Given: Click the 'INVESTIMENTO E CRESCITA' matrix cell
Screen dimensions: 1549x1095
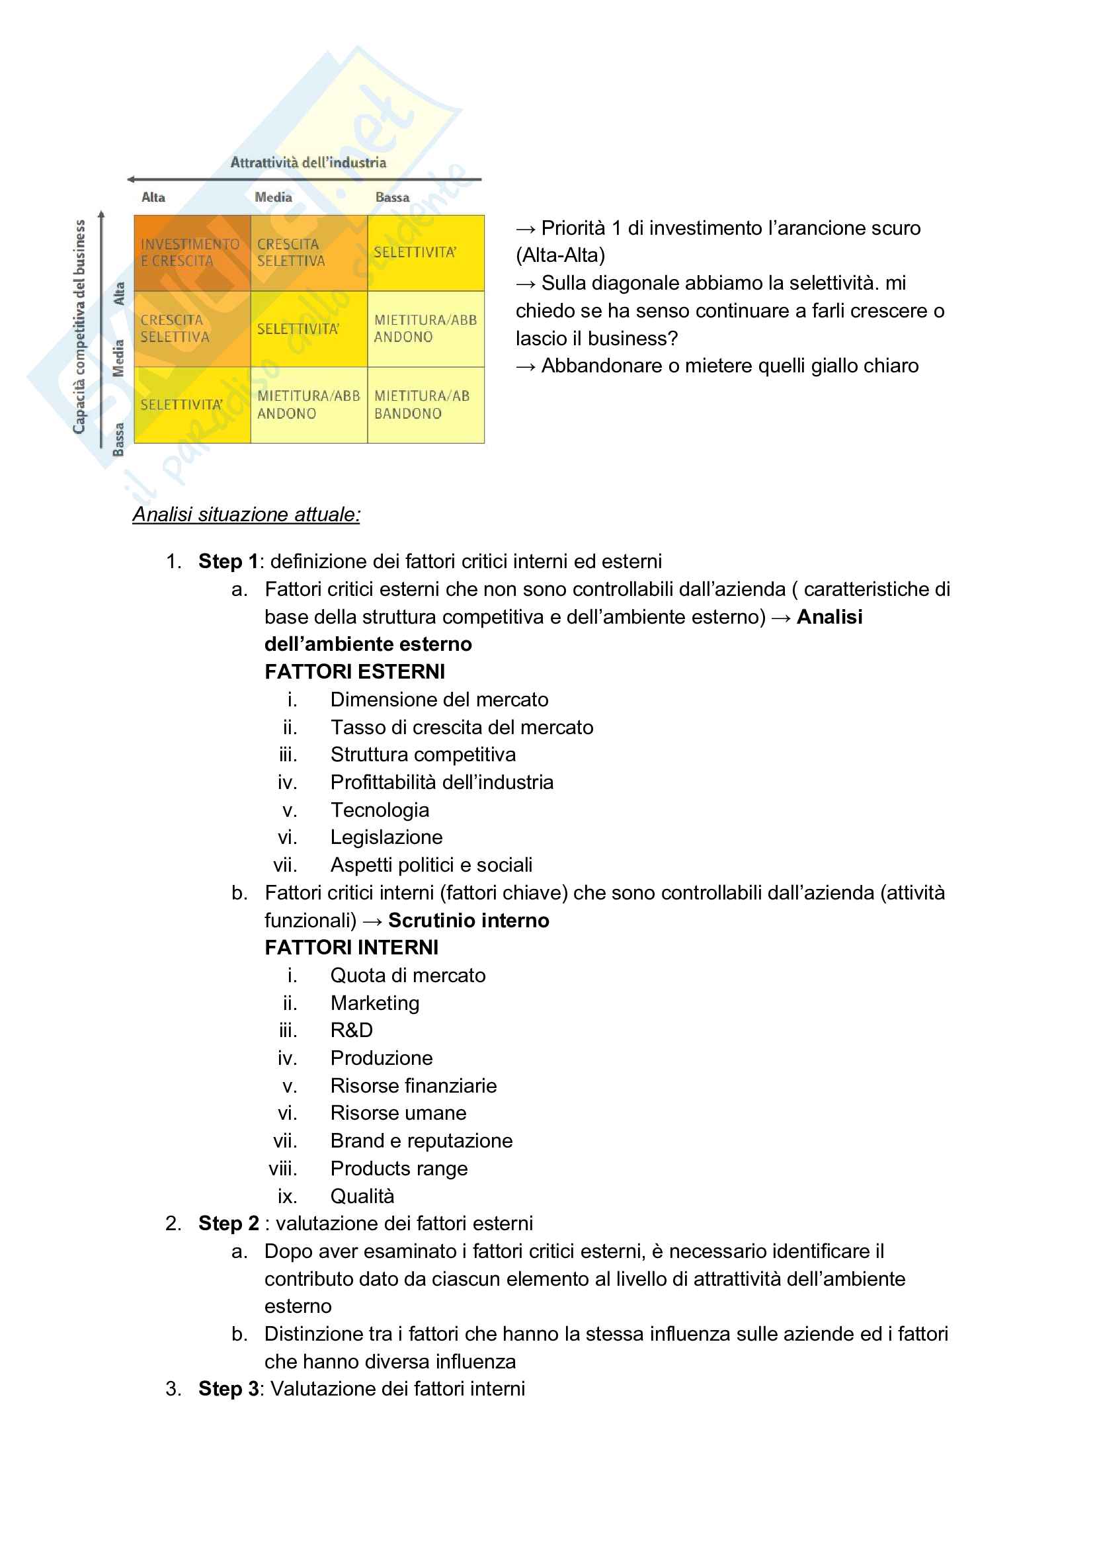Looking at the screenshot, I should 192,253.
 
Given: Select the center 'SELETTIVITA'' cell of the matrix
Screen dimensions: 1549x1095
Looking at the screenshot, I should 308,329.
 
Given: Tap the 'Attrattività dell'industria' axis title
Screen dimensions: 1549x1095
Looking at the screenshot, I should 308,163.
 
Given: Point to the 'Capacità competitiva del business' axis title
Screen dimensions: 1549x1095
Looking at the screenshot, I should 79,327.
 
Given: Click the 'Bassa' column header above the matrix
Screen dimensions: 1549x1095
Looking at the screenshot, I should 392,198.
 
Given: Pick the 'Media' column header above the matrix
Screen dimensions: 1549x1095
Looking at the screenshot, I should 273,198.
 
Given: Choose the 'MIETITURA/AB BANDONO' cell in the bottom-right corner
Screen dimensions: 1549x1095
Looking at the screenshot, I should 426,405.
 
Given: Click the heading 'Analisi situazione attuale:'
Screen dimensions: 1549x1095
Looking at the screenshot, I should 246,515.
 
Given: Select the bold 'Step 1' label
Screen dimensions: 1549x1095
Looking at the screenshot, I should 228,562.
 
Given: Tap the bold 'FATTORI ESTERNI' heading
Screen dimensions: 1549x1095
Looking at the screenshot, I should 355,672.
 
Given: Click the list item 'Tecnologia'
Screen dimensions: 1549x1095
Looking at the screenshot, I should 380,810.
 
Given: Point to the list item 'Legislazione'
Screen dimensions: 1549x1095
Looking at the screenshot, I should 387,837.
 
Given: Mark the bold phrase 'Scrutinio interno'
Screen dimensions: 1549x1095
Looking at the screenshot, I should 469,920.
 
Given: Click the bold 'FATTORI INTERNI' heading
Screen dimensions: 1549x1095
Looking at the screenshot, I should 352,948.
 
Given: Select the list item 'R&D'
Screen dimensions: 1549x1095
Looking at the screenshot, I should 352,1030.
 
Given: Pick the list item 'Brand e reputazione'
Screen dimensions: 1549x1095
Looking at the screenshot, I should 422,1141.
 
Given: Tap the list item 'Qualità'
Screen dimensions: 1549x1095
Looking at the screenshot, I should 362,1196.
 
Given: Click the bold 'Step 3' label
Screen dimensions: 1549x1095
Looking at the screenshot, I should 228,1389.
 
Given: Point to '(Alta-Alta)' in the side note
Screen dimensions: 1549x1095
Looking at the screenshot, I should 561,256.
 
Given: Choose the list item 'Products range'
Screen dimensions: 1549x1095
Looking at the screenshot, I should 399,1169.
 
